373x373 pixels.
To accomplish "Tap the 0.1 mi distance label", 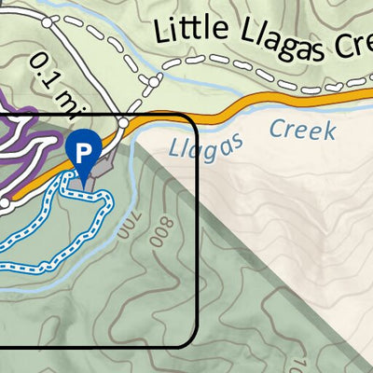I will (52, 75).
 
